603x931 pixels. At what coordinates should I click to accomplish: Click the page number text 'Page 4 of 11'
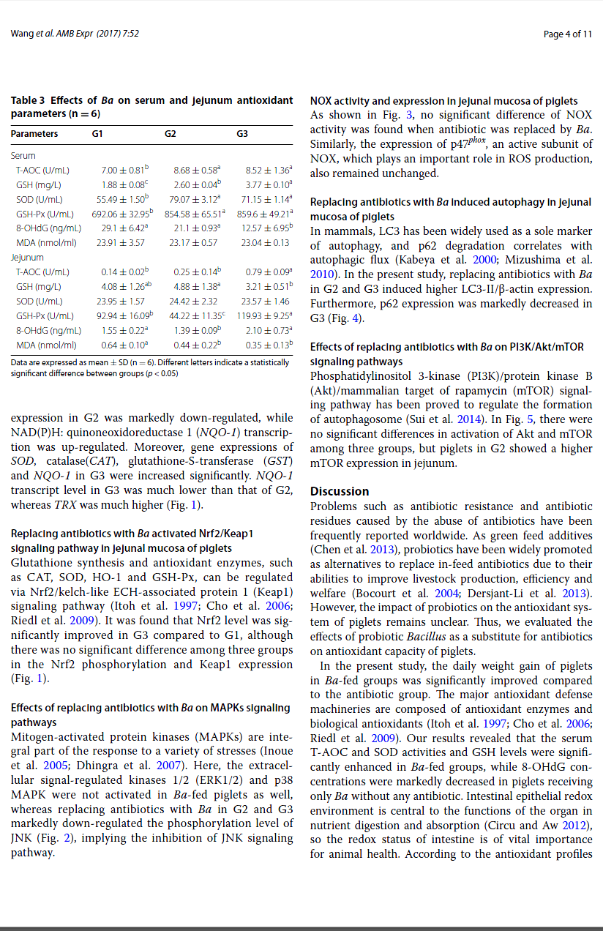(x=568, y=34)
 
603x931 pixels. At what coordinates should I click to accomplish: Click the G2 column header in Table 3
(x=170, y=134)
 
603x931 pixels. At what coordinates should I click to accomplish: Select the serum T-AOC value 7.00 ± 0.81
(x=124, y=171)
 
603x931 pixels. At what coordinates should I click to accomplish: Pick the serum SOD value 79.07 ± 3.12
(x=194, y=199)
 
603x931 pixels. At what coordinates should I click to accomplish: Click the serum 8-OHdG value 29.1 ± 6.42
(x=124, y=228)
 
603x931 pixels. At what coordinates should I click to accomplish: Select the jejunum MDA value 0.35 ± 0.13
(x=267, y=344)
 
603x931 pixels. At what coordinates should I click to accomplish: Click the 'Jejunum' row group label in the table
(x=28, y=258)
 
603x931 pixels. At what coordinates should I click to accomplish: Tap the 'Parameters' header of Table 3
(x=34, y=134)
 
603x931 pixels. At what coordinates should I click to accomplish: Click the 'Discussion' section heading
(x=340, y=491)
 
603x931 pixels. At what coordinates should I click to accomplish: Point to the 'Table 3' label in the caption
(x=28, y=100)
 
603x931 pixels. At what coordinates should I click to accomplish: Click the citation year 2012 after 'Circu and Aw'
(x=579, y=825)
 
